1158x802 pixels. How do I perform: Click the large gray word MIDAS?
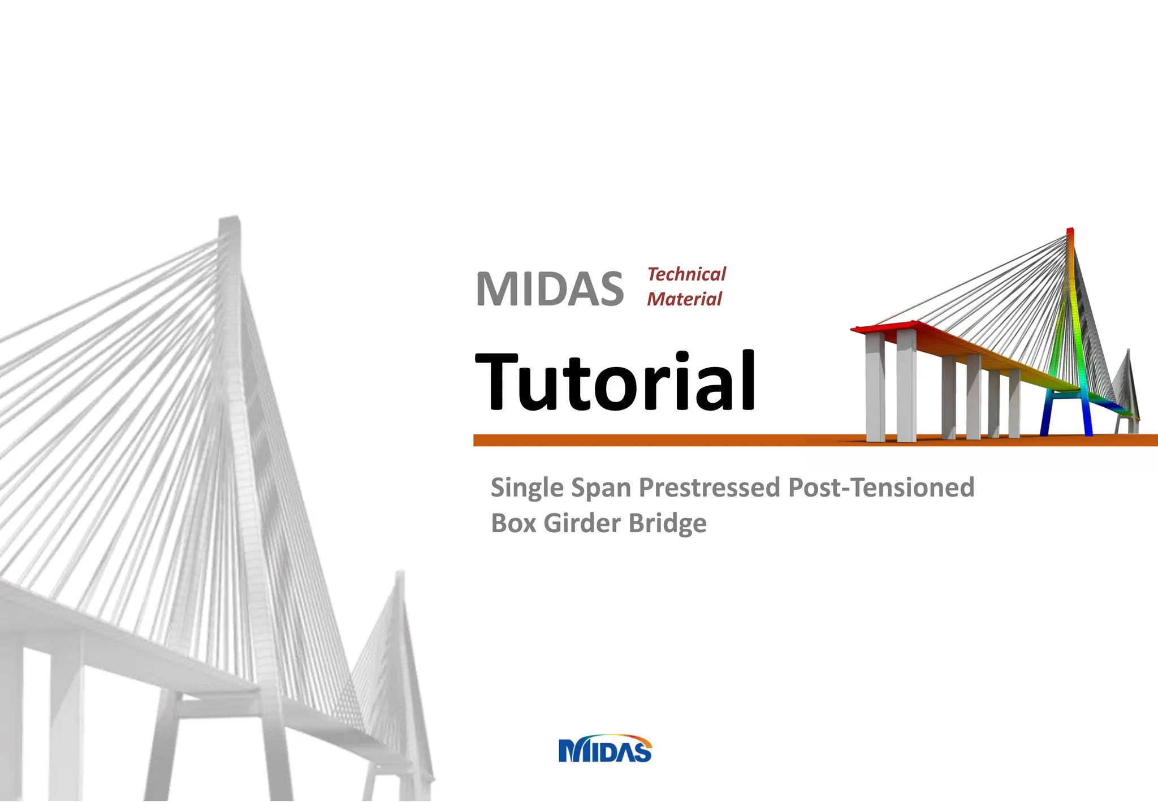point(550,289)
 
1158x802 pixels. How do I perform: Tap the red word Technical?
point(686,274)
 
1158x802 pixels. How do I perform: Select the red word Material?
point(684,299)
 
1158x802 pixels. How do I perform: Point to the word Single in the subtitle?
point(527,488)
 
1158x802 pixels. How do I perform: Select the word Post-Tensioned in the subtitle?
point(881,488)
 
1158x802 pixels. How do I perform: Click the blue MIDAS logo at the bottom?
point(605,750)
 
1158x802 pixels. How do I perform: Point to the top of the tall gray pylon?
point(229,222)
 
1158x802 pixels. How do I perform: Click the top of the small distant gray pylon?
point(400,576)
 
